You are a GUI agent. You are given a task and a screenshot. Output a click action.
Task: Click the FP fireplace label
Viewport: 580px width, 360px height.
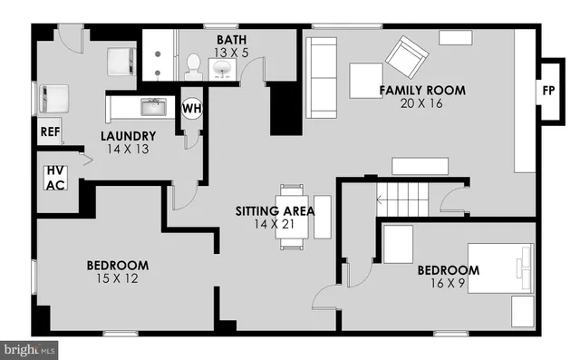click(548, 92)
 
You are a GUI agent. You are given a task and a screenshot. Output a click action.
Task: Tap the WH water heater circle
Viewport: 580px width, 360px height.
click(192, 108)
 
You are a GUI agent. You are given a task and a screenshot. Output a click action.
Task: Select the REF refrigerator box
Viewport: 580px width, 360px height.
click(49, 132)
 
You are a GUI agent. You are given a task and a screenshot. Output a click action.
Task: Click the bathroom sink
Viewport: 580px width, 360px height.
click(220, 67)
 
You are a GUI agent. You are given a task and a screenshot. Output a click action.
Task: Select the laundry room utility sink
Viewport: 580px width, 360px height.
click(153, 108)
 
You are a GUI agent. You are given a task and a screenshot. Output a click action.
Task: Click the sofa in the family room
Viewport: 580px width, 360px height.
click(320, 78)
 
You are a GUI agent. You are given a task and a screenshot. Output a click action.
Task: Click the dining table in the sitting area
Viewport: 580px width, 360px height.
click(292, 217)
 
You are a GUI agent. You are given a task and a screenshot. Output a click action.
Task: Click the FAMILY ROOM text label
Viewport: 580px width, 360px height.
click(422, 90)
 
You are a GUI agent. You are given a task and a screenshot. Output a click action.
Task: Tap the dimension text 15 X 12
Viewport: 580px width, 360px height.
click(118, 278)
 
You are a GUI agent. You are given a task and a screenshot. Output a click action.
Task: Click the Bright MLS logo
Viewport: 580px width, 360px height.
click(29, 348)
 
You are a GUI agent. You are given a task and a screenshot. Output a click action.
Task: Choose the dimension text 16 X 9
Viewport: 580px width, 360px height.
click(448, 283)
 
